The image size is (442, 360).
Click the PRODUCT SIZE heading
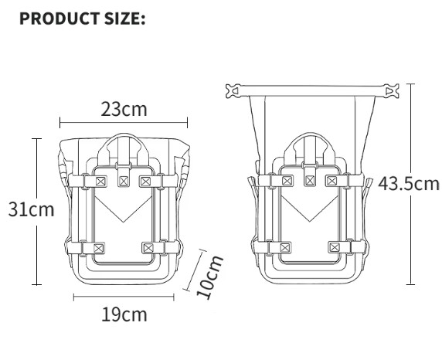tap(83, 19)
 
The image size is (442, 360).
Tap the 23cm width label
tap(124, 110)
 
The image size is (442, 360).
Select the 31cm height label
tap(31, 209)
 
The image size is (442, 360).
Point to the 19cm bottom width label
tap(124, 314)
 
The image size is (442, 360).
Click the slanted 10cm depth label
tap(209, 277)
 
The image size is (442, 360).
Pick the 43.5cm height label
tap(408, 184)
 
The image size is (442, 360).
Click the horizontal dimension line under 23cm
tap(124, 123)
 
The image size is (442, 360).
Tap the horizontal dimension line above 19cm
tap(124, 297)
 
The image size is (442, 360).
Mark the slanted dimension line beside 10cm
tap(195, 270)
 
